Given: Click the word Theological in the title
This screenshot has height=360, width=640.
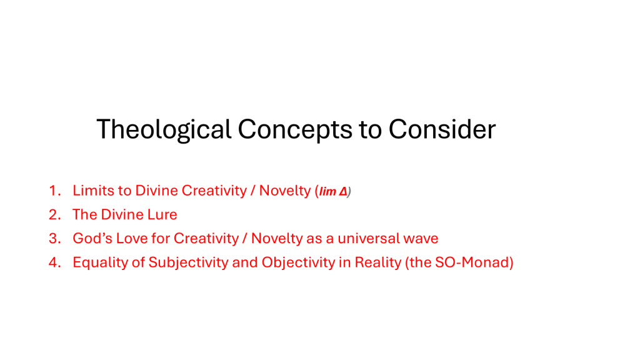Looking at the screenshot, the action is point(164,130).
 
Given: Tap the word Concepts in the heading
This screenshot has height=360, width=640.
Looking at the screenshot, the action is point(295,130).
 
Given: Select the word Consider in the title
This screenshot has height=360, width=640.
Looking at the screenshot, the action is point(442,129).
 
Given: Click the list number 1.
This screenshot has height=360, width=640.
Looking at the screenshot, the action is point(55,191).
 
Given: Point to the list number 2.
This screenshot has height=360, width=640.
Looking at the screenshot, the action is point(55,215).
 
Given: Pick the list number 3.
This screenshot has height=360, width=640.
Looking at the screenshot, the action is point(55,238).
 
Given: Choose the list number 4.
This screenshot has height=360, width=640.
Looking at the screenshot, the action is point(55,262).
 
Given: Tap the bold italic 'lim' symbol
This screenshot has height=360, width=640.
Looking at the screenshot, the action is point(327,191).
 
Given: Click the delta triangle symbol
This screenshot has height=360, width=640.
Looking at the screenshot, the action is point(343,191).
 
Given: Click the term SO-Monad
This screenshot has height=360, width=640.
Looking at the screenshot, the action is point(472,262).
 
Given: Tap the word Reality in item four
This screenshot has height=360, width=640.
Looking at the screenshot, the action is point(378,262).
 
